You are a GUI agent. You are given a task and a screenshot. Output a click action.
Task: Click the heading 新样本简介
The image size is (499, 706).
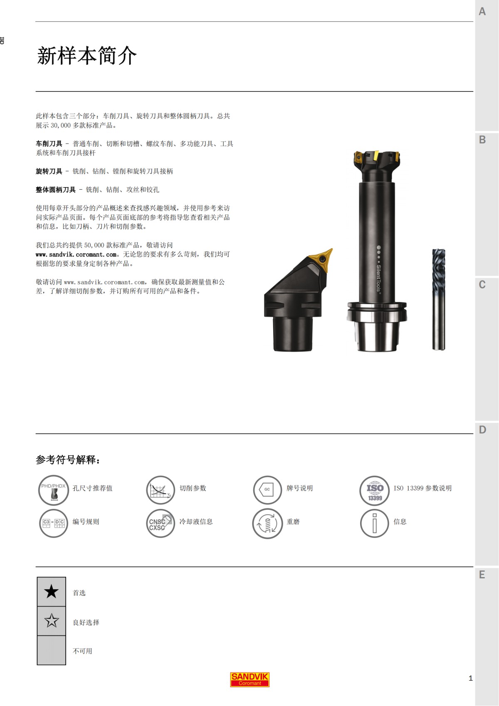tap(87, 56)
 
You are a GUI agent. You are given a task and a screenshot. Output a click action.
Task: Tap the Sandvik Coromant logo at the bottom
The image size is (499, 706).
tap(250, 679)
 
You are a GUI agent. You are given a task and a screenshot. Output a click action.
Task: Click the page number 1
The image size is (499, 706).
tap(471, 678)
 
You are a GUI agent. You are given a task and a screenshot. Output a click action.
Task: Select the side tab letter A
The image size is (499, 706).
tap(482, 12)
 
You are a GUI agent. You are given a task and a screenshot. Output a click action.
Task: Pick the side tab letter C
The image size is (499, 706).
tap(482, 285)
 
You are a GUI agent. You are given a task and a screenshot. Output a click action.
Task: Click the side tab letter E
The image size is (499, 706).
tap(482, 575)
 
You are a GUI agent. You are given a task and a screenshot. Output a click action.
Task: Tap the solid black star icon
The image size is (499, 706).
tap(52, 591)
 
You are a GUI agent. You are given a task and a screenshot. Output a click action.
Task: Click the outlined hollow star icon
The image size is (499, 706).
tap(52, 621)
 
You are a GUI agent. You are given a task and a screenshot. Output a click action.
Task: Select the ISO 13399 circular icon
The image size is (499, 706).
tap(375, 491)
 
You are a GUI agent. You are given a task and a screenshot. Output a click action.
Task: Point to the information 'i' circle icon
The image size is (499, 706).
tap(374, 523)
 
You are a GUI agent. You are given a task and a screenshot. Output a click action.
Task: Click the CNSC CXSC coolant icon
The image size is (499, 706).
tap(160, 523)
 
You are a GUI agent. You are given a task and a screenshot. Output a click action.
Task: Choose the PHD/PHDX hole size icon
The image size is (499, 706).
tap(53, 490)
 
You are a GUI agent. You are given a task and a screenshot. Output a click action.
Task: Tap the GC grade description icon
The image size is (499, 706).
tap(267, 490)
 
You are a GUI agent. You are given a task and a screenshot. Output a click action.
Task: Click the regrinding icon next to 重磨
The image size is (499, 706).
tap(267, 523)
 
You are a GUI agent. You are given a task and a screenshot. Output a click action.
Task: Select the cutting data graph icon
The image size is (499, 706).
tap(160, 490)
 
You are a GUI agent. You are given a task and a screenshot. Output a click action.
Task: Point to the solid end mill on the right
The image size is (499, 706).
tap(439, 299)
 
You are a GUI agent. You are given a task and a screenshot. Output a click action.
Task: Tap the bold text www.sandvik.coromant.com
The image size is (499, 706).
tap(76, 254)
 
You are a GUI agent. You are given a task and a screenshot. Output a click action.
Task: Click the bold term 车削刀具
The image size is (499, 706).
tap(49, 144)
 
